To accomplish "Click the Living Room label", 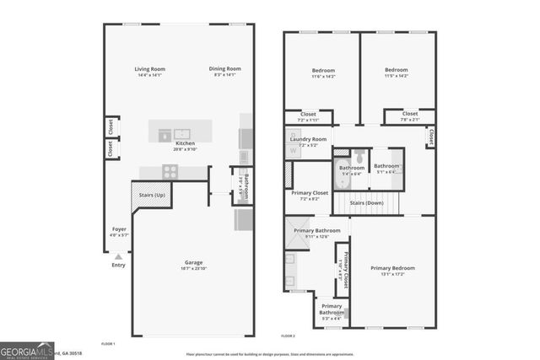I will [x=150, y=69].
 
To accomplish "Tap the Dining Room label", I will [x=225, y=69].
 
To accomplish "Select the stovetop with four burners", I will [x=170, y=171].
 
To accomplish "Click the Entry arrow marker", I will [x=119, y=255].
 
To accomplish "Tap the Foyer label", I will [x=119, y=228].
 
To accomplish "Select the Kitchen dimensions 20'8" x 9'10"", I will [x=186, y=149].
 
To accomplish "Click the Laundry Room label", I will [x=308, y=139].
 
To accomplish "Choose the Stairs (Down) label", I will [x=367, y=203].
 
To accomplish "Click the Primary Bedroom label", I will [x=393, y=268].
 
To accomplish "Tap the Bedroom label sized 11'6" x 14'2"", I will [x=323, y=70].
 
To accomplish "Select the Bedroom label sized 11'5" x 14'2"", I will [x=397, y=70].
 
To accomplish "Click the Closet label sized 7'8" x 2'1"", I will [x=409, y=114].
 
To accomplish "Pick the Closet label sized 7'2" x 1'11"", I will [x=308, y=114].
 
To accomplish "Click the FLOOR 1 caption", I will [x=108, y=344].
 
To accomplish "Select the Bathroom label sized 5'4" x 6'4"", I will [x=352, y=168].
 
